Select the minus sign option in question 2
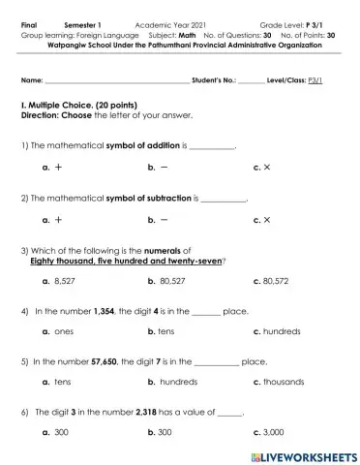[163, 220]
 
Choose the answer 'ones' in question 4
[64, 331]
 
